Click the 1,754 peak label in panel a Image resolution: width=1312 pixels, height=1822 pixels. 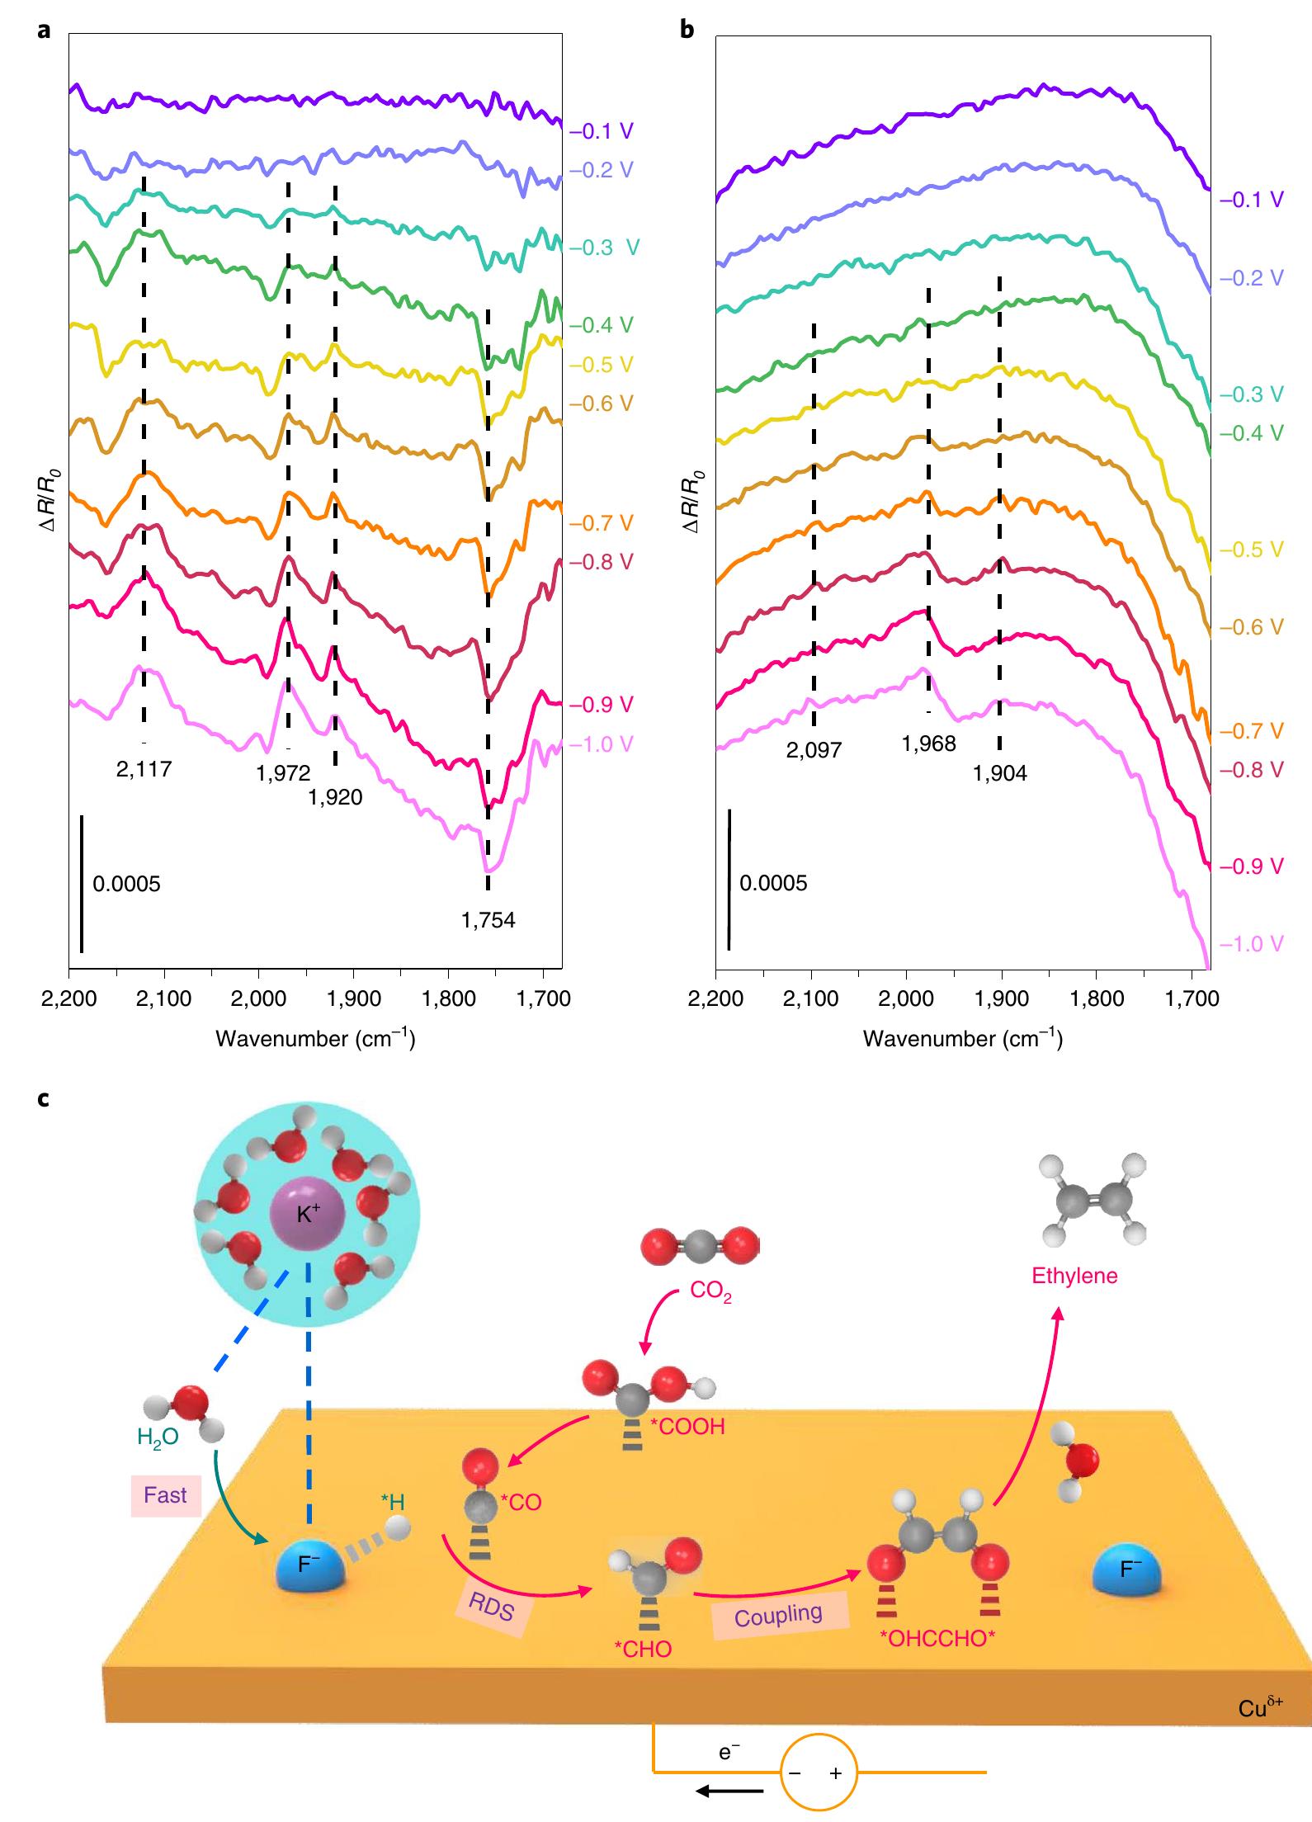(x=488, y=920)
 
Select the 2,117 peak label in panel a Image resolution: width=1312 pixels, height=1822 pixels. (x=144, y=770)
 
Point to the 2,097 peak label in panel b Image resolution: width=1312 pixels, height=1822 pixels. (x=814, y=750)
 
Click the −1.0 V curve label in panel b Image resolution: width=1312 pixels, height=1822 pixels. (x=1251, y=944)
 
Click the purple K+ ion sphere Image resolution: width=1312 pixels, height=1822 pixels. (x=305, y=1215)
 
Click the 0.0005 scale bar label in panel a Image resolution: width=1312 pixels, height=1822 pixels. (x=126, y=885)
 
